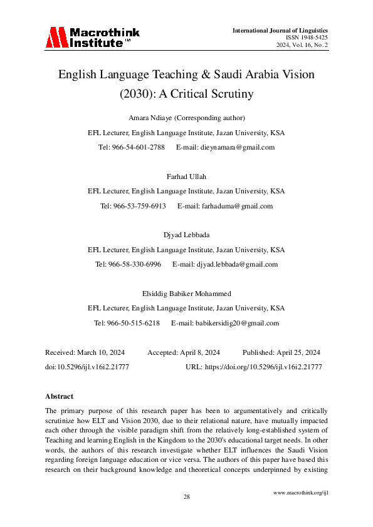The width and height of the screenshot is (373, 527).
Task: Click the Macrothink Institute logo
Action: coord(92,38)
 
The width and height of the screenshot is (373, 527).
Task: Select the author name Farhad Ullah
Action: coord(186,177)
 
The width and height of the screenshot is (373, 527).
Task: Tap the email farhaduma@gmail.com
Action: coord(234,206)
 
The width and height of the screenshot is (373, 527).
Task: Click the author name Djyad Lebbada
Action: coord(186,235)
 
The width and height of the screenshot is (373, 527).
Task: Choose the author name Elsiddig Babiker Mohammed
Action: coord(186,294)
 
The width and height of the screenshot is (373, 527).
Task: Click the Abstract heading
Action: coord(60,396)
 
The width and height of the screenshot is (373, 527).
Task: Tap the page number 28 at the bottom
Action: coord(186,496)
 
